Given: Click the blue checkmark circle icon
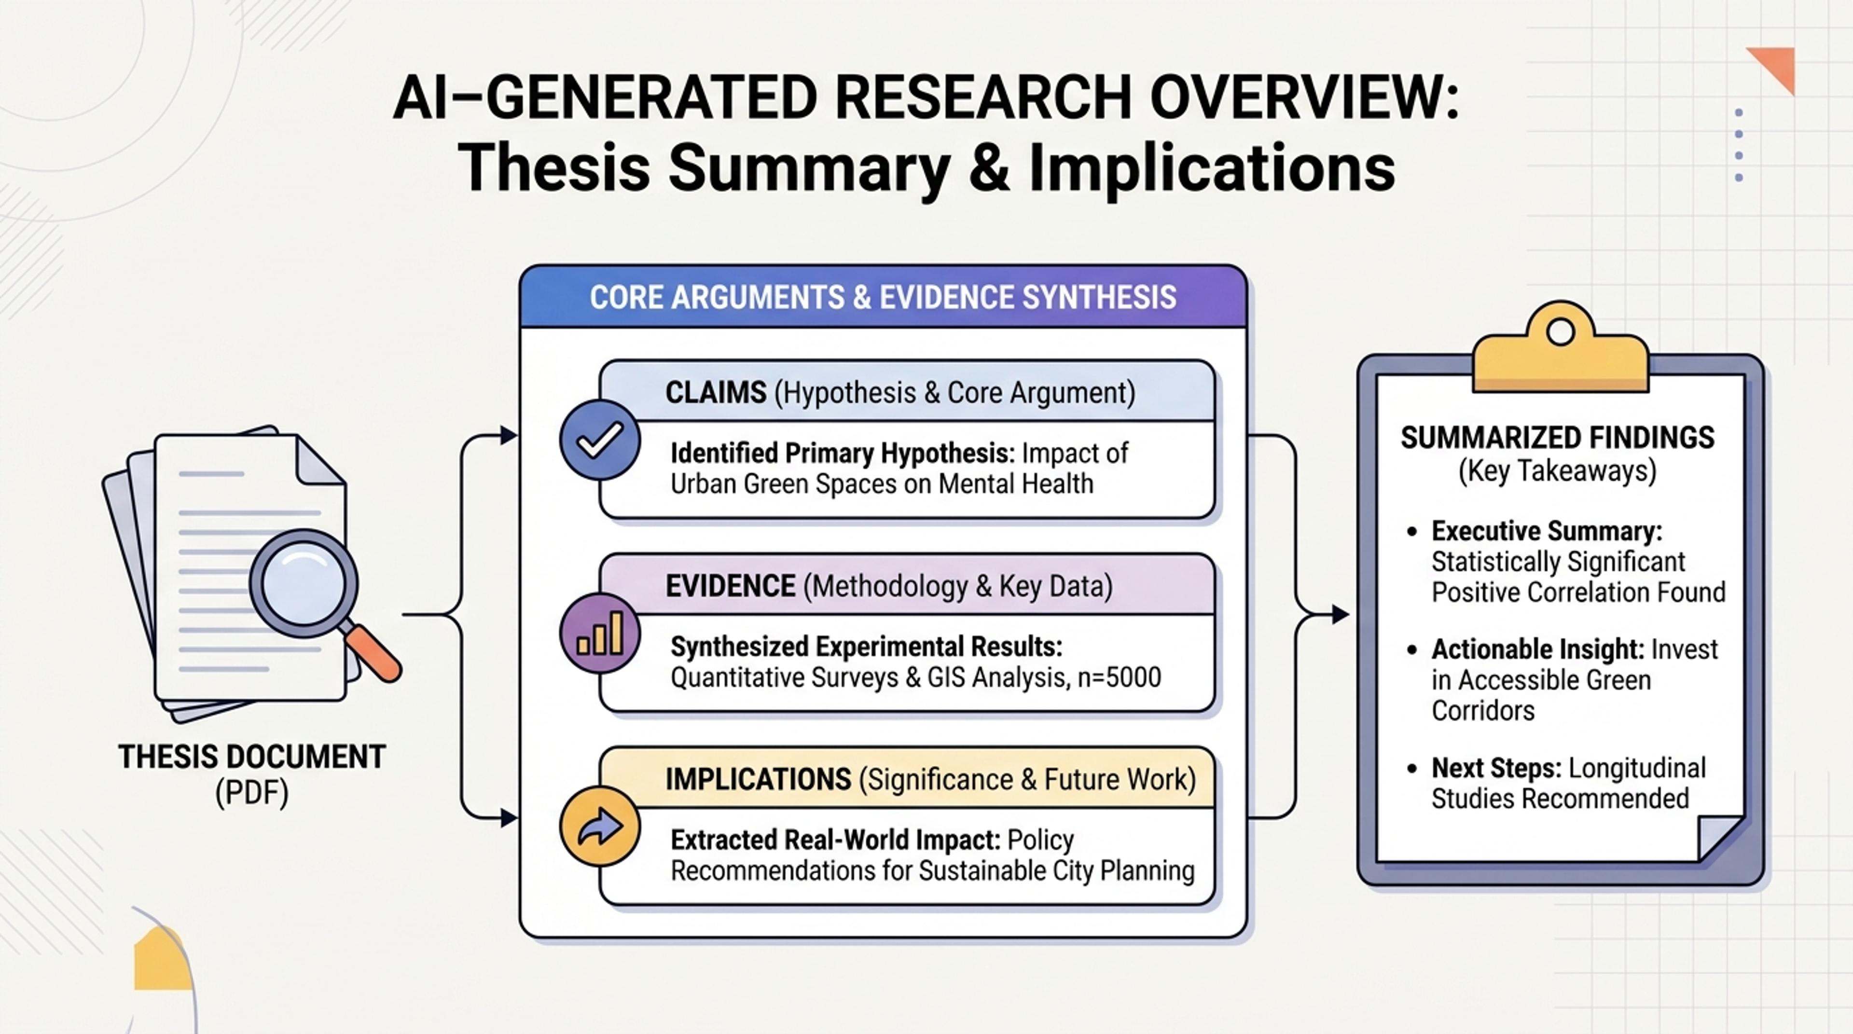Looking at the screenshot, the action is coord(600,440).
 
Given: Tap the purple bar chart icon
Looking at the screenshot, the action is coord(600,633).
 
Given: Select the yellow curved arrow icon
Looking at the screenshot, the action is coord(600,826).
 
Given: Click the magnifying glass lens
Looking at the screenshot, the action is coord(304,582).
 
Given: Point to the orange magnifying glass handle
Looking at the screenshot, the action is coord(372,653).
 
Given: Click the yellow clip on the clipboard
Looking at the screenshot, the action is coord(1560,349).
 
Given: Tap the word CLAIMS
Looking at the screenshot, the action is coord(716,393).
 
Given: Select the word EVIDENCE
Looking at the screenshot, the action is coord(730,586).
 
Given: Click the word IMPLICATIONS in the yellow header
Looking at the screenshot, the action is coord(758,779).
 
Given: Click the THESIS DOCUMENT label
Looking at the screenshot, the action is coord(252,757).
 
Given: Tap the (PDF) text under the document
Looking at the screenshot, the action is coord(252,794).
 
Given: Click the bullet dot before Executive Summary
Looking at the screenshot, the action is coord(1412,532).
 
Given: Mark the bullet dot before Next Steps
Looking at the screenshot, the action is coord(1412,769).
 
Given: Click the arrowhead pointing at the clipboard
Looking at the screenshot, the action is coord(1340,615).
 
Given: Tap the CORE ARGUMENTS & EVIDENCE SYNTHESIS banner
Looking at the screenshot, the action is coord(883,297).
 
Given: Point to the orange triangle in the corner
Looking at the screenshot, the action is coord(1777,65).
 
